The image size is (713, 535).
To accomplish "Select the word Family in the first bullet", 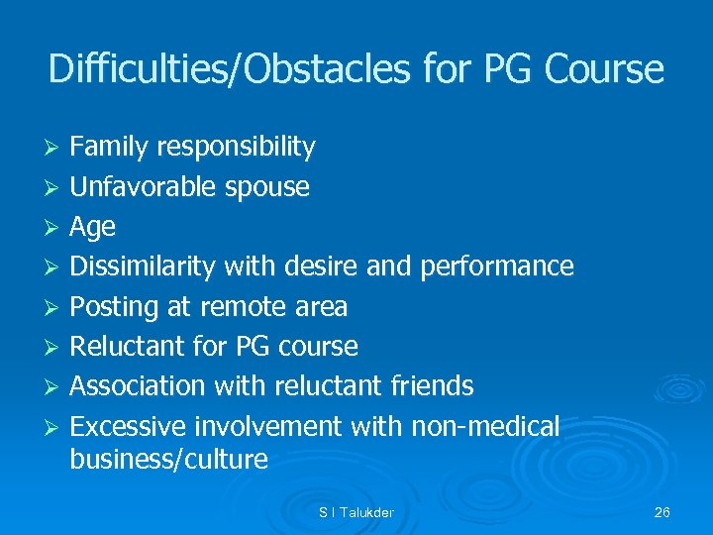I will coord(110,148).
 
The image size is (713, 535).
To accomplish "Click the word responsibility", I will coord(237,148).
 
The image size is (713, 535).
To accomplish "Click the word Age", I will coord(92,227).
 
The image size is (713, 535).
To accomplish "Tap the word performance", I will coord(497,267).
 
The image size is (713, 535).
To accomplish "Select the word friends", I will coord(427,386).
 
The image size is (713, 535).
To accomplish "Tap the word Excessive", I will coord(129,427).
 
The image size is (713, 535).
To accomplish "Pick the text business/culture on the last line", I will coord(169,460).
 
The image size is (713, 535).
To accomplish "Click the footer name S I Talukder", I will coord(356,512).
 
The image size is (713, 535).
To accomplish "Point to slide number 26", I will coord(662,512).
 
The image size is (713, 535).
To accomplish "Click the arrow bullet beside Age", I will coord(55,228).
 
